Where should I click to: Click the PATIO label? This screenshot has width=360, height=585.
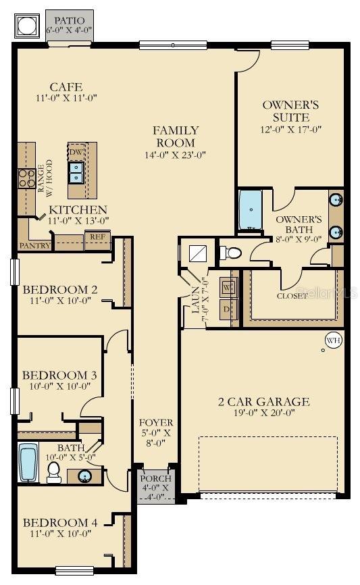[70, 21]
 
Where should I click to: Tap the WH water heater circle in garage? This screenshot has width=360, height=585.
[333, 340]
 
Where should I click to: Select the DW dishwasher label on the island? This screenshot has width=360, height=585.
[76, 152]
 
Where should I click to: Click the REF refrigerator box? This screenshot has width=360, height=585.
[97, 238]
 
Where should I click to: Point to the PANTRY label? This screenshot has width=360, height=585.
[34, 246]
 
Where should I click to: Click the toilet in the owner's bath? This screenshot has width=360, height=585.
[231, 253]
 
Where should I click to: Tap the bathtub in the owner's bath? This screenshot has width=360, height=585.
[251, 210]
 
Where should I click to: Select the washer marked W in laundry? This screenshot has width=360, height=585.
[227, 286]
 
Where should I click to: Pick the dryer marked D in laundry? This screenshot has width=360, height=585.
[227, 309]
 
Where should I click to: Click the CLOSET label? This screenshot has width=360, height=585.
[292, 295]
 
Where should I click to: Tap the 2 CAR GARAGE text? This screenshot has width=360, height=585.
[263, 402]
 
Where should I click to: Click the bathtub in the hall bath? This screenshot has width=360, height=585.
[28, 463]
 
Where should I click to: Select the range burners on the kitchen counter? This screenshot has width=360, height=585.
[26, 178]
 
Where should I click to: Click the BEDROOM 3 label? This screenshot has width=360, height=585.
[59, 375]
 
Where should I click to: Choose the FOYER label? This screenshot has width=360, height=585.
[156, 423]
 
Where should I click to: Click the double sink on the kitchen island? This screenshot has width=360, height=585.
[76, 172]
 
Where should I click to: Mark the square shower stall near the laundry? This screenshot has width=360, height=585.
[199, 253]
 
